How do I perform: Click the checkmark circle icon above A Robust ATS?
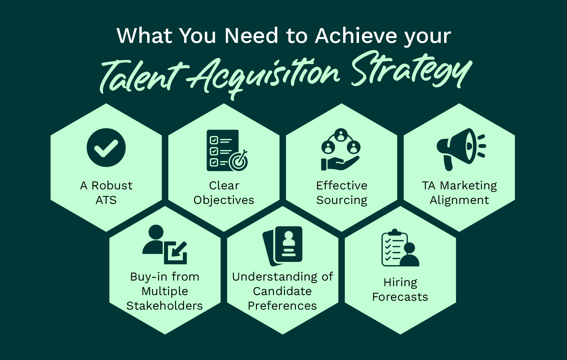(x=106, y=148)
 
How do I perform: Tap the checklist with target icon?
(x=227, y=150)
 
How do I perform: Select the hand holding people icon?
(x=341, y=150)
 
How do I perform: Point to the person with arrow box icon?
(x=165, y=245)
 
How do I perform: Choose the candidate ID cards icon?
(x=283, y=246)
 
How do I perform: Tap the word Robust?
(x=112, y=185)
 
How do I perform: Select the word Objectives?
(x=224, y=200)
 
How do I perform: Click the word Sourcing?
(x=342, y=200)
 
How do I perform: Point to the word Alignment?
(x=459, y=200)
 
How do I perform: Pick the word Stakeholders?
(x=164, y=306)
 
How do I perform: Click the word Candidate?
(x=282, y=291)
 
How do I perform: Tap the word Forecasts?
(x=400, y=297)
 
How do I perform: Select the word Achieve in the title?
(x=357, y=36)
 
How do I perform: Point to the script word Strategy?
(x=411, y=71)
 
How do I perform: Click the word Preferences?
(x=282, y=306)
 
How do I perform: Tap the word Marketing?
(x=468, y=186)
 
